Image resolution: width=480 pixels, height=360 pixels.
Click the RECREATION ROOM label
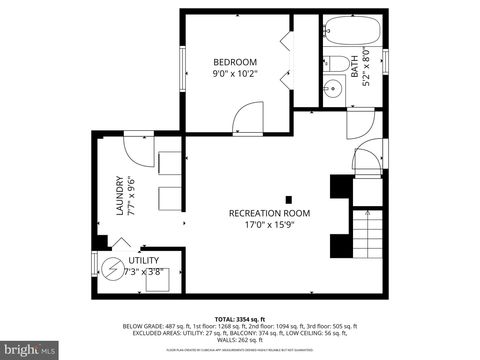pos(269,213)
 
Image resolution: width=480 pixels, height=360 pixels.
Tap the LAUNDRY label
pos(120,197)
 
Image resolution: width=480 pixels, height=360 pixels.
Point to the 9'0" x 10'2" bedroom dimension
pos(235,73)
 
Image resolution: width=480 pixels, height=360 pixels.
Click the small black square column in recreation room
pos(289,198)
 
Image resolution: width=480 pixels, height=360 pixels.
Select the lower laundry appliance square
pos(170,199)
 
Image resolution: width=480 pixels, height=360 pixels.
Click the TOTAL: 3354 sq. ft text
pos(240,317)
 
